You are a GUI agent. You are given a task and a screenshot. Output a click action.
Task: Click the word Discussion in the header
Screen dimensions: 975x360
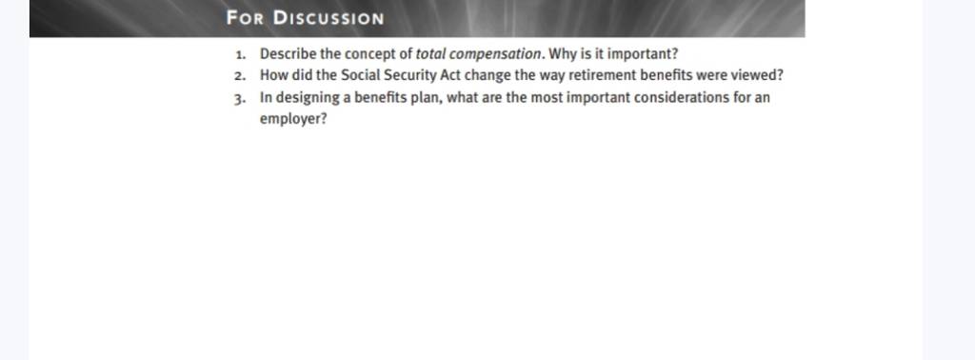328,17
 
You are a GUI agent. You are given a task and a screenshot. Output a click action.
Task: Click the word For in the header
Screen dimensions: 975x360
247,17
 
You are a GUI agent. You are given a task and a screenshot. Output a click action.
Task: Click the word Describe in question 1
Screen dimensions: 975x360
288,54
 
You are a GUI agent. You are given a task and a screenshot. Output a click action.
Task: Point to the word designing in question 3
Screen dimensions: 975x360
306,98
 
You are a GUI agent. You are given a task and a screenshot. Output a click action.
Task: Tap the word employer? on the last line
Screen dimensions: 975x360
293,119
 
